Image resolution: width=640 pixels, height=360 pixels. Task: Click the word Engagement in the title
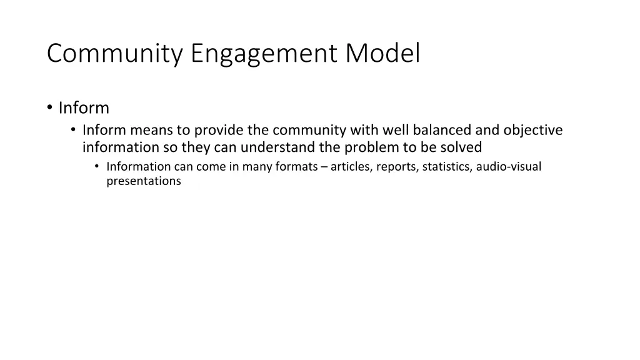point(266,54)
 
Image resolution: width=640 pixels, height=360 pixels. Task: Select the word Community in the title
point(115,54)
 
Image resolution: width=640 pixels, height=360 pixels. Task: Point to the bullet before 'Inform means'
point(73,130)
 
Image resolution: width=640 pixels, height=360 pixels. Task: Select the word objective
point(532,130)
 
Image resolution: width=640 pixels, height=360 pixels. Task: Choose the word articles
point(349,166)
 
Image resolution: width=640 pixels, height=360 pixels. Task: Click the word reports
point(397,167)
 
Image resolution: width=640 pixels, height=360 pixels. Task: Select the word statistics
point(447,166)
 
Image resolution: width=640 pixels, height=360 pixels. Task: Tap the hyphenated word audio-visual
point(508,166)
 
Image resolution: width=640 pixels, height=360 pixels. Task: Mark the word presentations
point(144,182)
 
